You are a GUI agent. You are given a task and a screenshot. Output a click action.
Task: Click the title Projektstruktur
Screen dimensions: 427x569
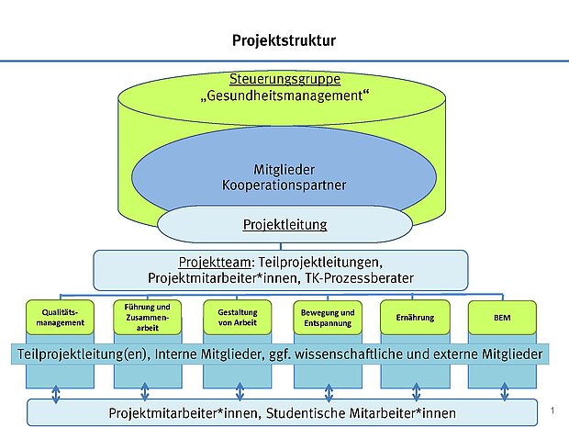click(284, 41)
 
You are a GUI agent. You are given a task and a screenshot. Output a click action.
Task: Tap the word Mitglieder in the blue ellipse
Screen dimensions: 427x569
click(284, 169)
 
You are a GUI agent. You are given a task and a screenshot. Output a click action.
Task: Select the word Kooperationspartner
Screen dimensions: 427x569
click(284, 185)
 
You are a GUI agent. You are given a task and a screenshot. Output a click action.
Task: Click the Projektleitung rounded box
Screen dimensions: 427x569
click(284, 224)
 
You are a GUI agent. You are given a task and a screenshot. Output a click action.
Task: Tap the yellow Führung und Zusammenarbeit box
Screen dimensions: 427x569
click(146, 318)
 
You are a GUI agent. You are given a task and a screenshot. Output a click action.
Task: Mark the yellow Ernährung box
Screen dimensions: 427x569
click(416, 318)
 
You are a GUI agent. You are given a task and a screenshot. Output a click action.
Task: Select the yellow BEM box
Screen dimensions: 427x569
click(504, 318)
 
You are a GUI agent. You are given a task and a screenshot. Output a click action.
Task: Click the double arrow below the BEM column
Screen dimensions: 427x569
click(505, 393)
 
